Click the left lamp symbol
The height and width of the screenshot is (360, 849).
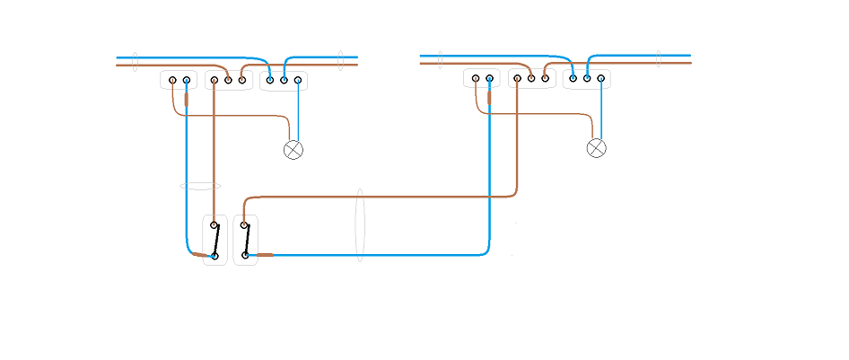[293, 150]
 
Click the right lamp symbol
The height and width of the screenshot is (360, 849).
[597, 147]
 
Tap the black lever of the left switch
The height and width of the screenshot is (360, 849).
[216, 240]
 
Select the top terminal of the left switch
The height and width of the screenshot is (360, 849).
[214, 225]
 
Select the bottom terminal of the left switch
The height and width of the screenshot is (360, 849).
[214, 256]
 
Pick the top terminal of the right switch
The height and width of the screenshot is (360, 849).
[244, 225]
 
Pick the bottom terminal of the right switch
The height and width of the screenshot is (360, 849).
[244, 256]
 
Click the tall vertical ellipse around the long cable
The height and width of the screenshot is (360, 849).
[359, 225]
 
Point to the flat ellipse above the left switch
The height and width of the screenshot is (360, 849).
[200, 186]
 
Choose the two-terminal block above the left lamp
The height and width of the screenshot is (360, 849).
[179, 80]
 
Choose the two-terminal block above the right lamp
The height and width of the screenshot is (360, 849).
[482, 78]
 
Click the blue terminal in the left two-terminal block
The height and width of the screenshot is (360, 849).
[187, 80]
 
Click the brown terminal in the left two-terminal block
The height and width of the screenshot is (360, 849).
[172, 80]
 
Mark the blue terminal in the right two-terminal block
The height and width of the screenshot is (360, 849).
[489, 78]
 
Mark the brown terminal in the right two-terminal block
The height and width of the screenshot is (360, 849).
[475, 78]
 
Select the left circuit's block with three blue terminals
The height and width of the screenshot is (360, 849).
[284, 81]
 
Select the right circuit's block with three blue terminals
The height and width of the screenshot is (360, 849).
[587, 78]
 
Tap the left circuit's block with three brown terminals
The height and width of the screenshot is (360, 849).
[228, 80]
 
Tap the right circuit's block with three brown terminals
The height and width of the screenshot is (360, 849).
[531, 78]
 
